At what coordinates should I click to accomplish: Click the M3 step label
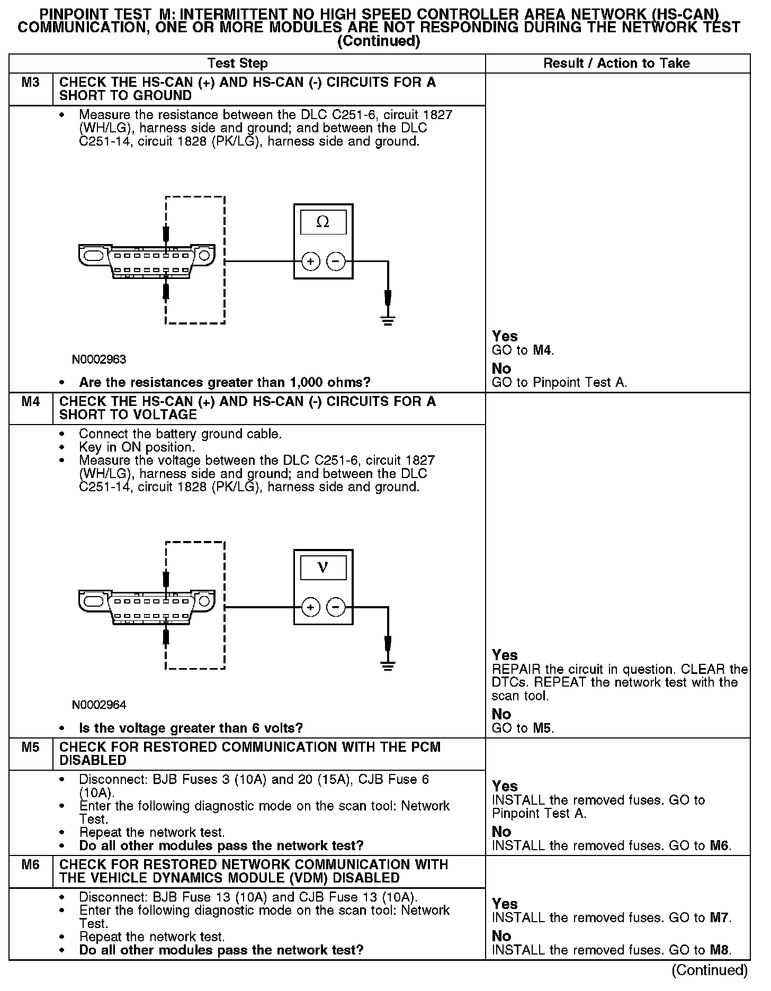tap(31, 83)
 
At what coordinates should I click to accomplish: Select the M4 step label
tap(31, 402)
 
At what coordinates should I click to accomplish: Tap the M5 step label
tap(31, 747)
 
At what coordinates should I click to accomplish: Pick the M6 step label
tap(31, 865)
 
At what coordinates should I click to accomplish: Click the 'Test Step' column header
tap(238, 64)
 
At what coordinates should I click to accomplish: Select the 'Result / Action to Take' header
tap(616, 64)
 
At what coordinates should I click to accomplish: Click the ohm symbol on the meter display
tap(322, 222)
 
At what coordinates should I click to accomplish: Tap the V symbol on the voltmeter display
tap(322, 567)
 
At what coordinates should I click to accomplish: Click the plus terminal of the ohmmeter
tap(310, 262)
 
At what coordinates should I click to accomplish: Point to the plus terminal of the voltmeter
tap(310, 607)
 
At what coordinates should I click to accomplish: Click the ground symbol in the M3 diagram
tap(388, 320)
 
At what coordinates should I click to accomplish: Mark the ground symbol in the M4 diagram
tap(388, 665)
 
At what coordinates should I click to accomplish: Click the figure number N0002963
tap(100, 360)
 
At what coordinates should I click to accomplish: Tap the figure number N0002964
tap(100, 705)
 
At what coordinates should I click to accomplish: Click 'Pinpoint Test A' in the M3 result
tap(580, 382)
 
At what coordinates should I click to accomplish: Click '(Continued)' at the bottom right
tap(709, 970)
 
